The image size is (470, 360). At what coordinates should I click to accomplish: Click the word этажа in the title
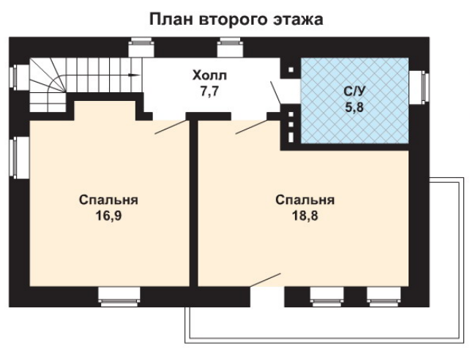tap(298, 20)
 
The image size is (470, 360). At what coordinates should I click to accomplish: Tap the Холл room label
tap(209, 75)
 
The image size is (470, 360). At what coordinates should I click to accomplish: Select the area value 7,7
tap(209, 91)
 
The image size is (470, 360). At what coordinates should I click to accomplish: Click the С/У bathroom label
tap(354, 91)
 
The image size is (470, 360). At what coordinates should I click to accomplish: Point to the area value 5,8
tap(354, 107)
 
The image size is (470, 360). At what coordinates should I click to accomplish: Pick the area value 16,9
tap(108, 215)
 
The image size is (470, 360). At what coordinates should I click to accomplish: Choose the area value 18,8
tap(305, 215)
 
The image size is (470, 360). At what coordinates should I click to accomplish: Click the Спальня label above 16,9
tap(108, 200)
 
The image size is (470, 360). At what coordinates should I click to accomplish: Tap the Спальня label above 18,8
tap(305, 200)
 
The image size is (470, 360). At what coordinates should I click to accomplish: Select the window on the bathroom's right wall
tap(419, 88)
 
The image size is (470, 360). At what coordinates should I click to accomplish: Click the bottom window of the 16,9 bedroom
tap(119, 296)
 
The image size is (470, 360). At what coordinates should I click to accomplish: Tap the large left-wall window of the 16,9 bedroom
tap(19, 157)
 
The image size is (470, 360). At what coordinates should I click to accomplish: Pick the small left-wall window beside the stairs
tap(19, 77)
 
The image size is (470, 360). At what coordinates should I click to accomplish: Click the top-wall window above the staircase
tap(141, 47)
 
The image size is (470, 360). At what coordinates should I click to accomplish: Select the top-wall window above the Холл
tap(230, 47)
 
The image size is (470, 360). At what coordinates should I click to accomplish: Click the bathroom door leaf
tap(275, 93)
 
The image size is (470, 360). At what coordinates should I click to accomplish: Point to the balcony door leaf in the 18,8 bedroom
tap(266, 280)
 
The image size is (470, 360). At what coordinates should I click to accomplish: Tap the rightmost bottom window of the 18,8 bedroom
tap(384, 296)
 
